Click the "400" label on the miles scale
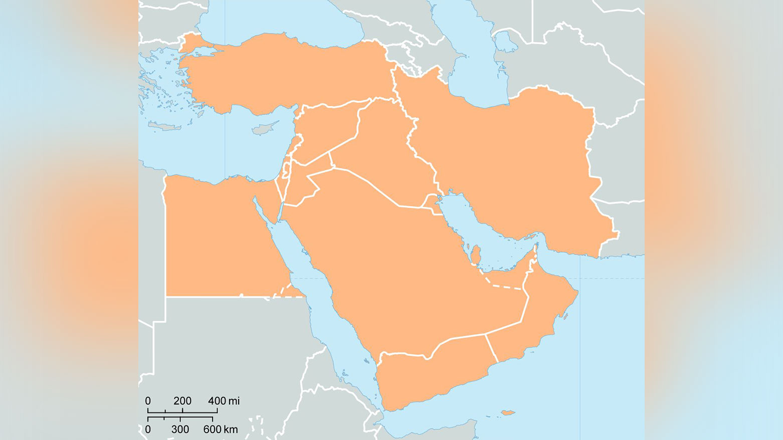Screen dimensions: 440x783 pyautogui.click(x=217, y=401)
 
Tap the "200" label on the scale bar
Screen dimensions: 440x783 pyautogui.click(x=182, y=401)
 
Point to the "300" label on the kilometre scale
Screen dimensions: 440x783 pyautogui.click(x=180, y=429)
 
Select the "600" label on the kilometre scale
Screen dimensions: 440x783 pyautogui.click(x=213, y=429)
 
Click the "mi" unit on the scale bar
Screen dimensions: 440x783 pyautogui.click(x=234, y=401)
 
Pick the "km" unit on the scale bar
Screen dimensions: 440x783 pyautogui.click(x=231, y=429)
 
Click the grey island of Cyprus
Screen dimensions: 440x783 pyautogui.click(x=264, y=128)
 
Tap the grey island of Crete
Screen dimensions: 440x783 pyautogui.click(x=164, y=126)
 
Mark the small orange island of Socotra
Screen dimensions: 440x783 pyautogui.click(x=508, y=413)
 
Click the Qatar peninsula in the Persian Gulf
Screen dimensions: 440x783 pyautogui.click(x=476, y=255)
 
